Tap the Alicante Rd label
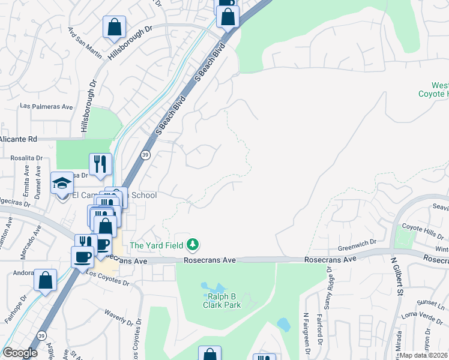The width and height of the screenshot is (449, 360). point(19,139)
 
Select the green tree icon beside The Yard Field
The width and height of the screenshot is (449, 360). point(193,244)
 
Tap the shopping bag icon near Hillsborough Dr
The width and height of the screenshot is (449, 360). point(113,27)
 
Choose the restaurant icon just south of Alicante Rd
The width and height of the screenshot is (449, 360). point(100,163)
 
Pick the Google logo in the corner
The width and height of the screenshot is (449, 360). point(20,353)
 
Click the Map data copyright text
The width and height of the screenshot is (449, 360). point(424,355)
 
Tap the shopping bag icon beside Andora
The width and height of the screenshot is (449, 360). point(45,280)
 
